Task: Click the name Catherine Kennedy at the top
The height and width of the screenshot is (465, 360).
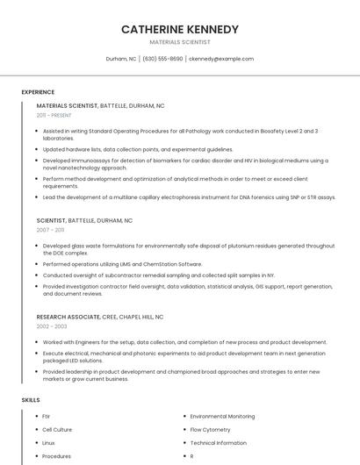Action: (x=179, y=29)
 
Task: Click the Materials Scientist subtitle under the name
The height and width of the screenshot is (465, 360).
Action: (x=179, y=41)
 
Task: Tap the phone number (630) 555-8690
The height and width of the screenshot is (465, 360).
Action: (x=162, y=59)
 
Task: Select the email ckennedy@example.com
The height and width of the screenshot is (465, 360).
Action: (x=221, y=59)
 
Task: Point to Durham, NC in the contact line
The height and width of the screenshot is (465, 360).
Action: (x=121, y=59)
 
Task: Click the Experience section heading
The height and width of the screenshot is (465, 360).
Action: (x=38, y=92)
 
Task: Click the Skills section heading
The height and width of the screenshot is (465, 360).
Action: (x=30, y=400)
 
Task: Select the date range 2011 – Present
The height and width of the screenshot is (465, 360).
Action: (x=54, y=115)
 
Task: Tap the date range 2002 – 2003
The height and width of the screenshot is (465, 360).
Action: (x=52, y=325)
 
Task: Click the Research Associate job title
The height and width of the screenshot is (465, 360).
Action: (x=63, y=316)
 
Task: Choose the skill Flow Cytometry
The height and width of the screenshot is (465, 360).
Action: (x=210, y=430)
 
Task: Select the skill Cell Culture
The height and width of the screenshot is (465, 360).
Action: (x=57, y=430)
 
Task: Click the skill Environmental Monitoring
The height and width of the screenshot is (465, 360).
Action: (x=222, y=417)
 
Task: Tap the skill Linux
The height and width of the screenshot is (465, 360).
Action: (x=48, y=443)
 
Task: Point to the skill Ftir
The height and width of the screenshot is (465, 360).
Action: (x=47, y=417)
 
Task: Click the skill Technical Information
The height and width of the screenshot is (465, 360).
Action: (x=218, y=443)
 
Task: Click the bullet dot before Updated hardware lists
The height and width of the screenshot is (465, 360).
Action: (x=36, y=149)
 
